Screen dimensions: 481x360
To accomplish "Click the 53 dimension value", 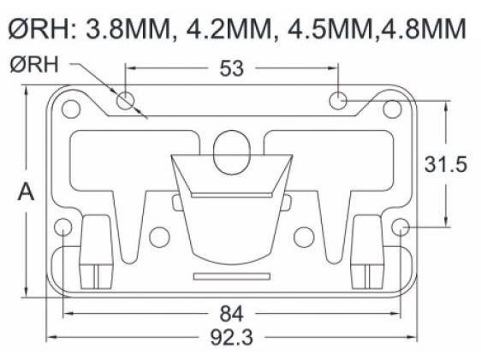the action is tap(232, 68).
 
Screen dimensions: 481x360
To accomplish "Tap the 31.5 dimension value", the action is tap(446, 164).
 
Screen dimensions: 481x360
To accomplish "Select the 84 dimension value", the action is tap(232, 314).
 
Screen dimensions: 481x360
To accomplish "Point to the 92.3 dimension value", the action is tap(232, 337).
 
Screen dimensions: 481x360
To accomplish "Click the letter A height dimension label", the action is tap(26, 192).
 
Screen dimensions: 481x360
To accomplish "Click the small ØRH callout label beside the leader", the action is tap(34, 64).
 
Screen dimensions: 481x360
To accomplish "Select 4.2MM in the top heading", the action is tap(229, 28).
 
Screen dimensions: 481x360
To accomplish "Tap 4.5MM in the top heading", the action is tap(330, 28).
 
